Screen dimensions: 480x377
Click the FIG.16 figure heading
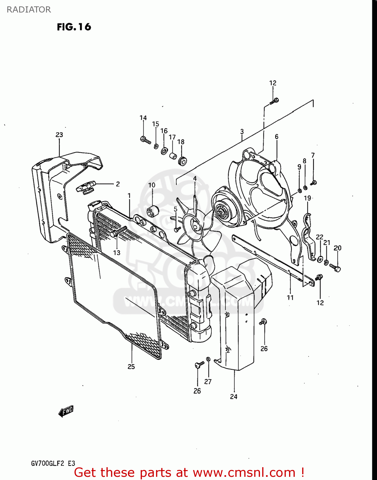pyautogui.click(x=74, y=27)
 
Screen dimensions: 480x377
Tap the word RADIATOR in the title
pyautogui.click(x=29, y=10)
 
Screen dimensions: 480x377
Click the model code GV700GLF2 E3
pyautogui.click(x=53, y=463)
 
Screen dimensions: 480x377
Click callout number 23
pyautogui.click(x=59, y=135)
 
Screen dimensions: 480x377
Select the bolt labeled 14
pyautogui.click(x=145, y=140)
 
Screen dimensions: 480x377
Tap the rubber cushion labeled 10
pyautogui.click(x=153, y=211)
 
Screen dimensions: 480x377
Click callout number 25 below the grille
pyautogui.click(x=131, y=367)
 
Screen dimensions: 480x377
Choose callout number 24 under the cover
pyautogui.click(x=234, y=396)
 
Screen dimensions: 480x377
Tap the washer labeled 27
pyautogui.click(x=208, y=359)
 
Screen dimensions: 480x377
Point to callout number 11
pyautogui.click(x=290, y=298)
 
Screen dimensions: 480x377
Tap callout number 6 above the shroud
pyautogui.click(x=277, y=137)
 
